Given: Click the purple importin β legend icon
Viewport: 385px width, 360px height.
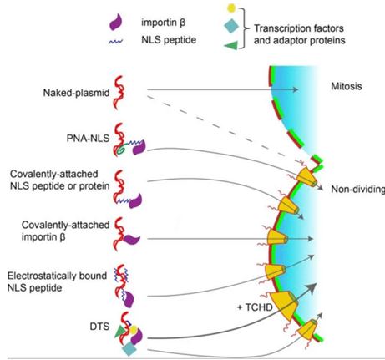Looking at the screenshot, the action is pos(115,22).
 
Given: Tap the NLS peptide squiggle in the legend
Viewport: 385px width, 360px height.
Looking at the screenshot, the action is pos(116,42).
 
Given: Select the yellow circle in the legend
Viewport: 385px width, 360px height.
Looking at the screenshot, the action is pos(231,8).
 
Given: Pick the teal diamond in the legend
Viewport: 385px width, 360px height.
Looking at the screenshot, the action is pos(231,26).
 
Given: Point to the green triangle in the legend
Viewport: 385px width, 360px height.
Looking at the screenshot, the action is pos(231,45).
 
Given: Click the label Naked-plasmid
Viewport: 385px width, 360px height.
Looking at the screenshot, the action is pos(76,93).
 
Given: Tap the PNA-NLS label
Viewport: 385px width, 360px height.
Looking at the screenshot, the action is pos(88,138).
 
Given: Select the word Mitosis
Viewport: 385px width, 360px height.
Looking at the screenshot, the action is pos(347,86).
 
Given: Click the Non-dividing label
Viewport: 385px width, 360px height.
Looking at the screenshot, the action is pos(357,190).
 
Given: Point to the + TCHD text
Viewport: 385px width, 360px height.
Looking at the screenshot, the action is pos(255,307).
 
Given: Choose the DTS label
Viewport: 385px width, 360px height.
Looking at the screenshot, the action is pos(99,327).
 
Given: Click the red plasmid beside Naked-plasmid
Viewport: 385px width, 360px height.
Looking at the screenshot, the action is pos(119,93).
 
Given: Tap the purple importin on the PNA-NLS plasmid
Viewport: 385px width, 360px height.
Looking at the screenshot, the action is pos(139,148).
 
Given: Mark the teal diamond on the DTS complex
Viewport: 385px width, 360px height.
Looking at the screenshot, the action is pos(129,349).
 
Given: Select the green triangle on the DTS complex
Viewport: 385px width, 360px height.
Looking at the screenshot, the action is pos(120,332).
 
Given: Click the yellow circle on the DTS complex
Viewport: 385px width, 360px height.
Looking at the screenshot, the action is pos(134,330).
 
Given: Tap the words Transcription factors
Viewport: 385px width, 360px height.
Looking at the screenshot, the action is pos(299,28).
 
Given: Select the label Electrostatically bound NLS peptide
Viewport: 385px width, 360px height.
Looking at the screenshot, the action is pos(57,281).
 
